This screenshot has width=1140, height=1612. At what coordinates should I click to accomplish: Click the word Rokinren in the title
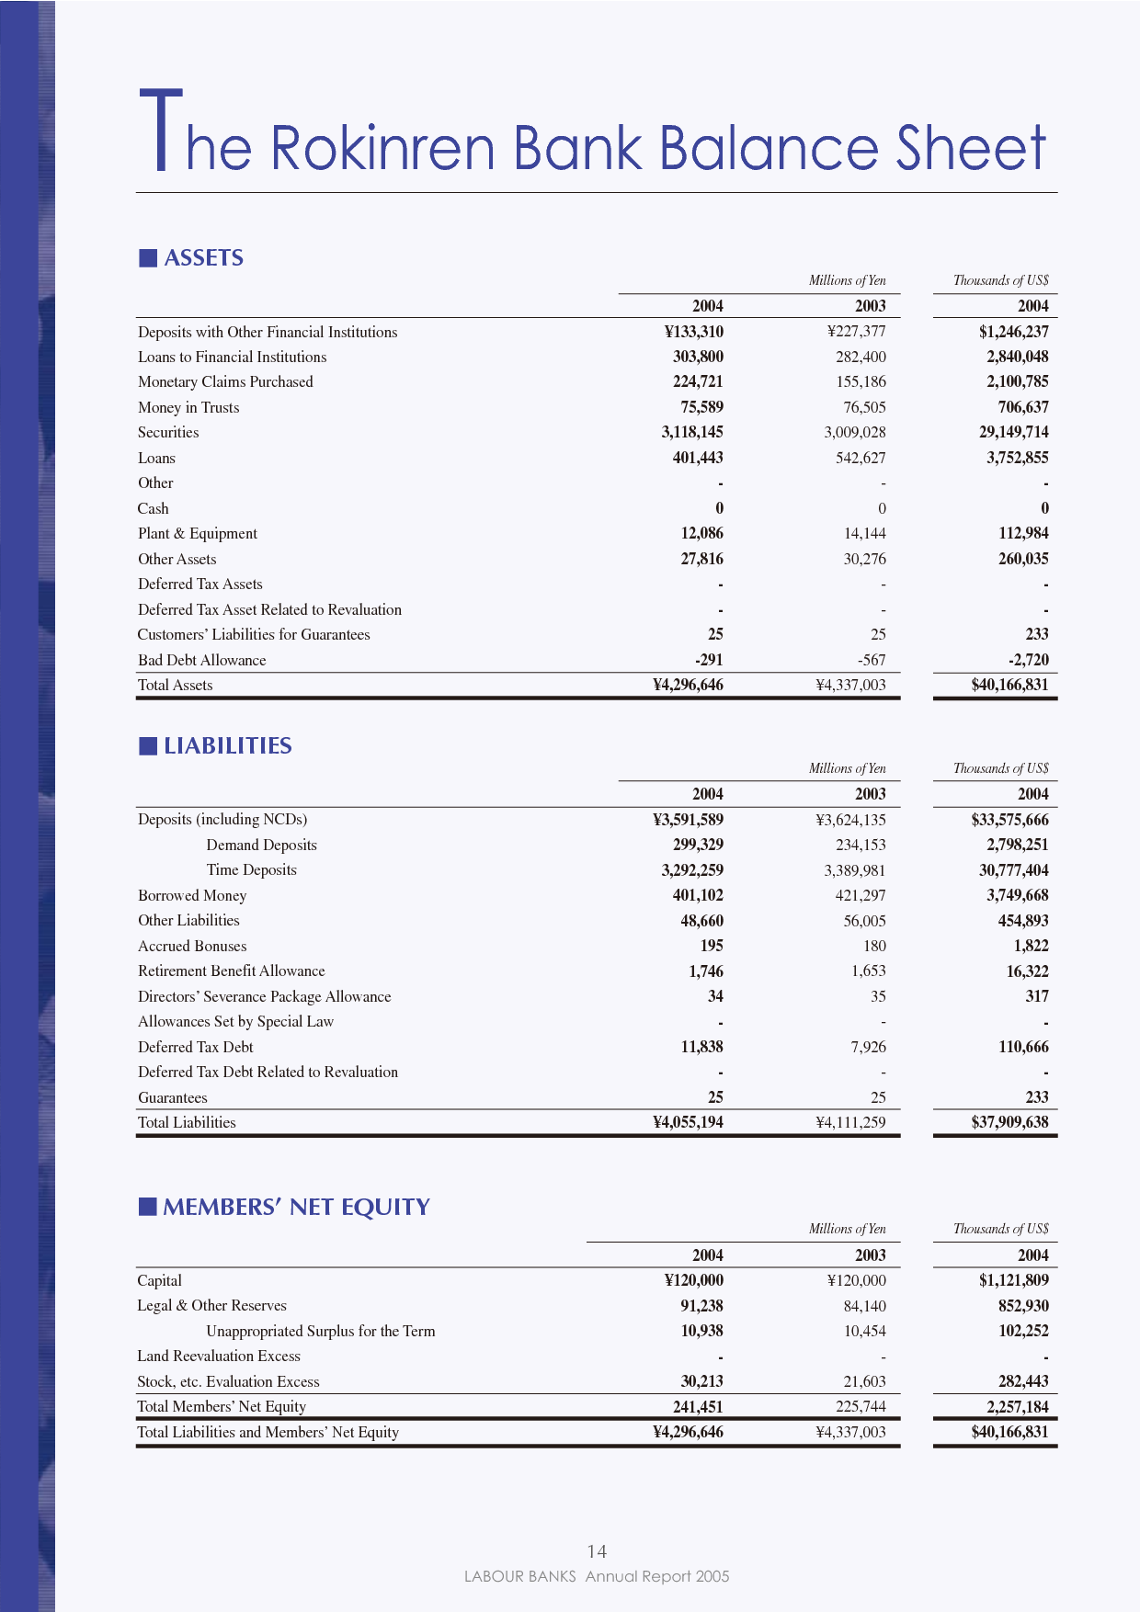[x=383, y=148]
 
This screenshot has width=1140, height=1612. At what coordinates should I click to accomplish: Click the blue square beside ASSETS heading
[x=148, y=258]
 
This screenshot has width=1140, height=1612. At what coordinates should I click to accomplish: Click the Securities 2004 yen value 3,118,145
[x=692, y=432]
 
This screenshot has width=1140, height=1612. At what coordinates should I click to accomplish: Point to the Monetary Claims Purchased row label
[x=225, y=381]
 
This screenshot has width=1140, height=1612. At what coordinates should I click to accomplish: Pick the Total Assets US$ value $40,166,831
[x=1009, y=685]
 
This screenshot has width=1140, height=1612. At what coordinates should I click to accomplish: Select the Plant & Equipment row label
[x=198, y=533]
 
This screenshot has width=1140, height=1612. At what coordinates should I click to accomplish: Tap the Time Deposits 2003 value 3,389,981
[x=855, y=870]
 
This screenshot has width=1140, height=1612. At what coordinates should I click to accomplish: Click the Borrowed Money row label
[x=192, y=895]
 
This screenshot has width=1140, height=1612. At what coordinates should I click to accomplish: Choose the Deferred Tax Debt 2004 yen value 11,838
[x=701, y=1047]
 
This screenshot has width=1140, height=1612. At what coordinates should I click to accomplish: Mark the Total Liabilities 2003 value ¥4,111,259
[x=850, y=1122]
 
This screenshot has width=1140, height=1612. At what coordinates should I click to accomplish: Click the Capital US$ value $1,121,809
[x=1013, y=1280]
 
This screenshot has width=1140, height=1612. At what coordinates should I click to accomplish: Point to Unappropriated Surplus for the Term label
[x=320, y=1331]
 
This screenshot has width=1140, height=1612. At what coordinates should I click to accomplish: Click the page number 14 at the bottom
[x=597, y=1551]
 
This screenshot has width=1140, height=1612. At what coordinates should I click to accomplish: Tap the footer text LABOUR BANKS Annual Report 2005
[x=597, y=1576]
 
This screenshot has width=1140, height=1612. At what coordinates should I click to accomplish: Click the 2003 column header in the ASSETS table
[x=870, y=306]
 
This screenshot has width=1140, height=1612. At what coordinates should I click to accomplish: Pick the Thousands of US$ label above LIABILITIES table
[x=1000, y=768]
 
